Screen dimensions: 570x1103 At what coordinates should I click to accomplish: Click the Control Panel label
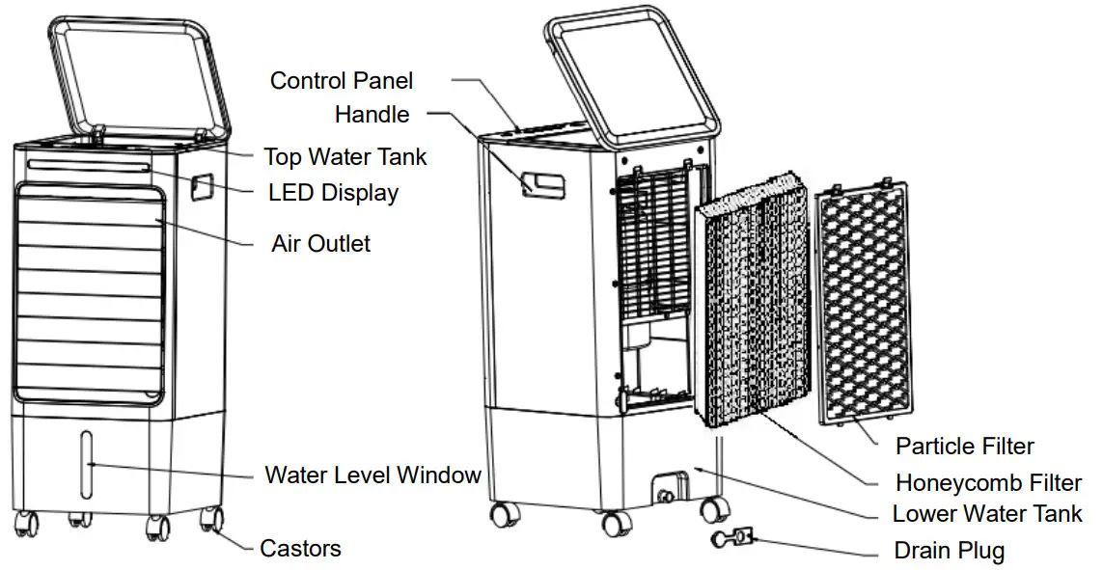pyautogui.click(x=341, y=80)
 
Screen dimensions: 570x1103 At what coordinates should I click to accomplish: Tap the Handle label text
pyautogui.click(x=372, y=115)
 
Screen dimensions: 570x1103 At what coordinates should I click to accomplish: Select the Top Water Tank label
pyautogui.click(x=345, y=156)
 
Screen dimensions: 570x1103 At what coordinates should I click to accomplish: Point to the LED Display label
pyautogui.click(x=333, y=193)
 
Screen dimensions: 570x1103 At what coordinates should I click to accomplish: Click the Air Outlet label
pyautogui.click(x=320, y=243)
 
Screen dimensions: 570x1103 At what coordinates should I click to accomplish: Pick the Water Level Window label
pyautogui.click(x=372, y=475)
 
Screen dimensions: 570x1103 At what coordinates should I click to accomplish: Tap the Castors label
pyautogui.click(x=300, y=549)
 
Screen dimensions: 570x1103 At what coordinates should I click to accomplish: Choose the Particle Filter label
pyautogui.click(x=964, y=447)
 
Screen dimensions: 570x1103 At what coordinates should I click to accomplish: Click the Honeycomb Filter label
pyautogui.click(x=988, y=482)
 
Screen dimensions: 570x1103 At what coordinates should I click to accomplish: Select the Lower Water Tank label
pyautogui.click(x=987, y=514)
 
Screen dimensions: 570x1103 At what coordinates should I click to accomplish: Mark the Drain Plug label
pyautogui.click(x=950, y=552)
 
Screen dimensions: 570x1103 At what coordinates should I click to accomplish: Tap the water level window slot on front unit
pyautogui.click(x=88, y=464)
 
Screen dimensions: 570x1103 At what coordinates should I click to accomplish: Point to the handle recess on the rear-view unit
pyautogui.click(x=543, y=182)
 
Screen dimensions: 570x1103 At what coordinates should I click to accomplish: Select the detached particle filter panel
pyautogui.click(x=861, y=304)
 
